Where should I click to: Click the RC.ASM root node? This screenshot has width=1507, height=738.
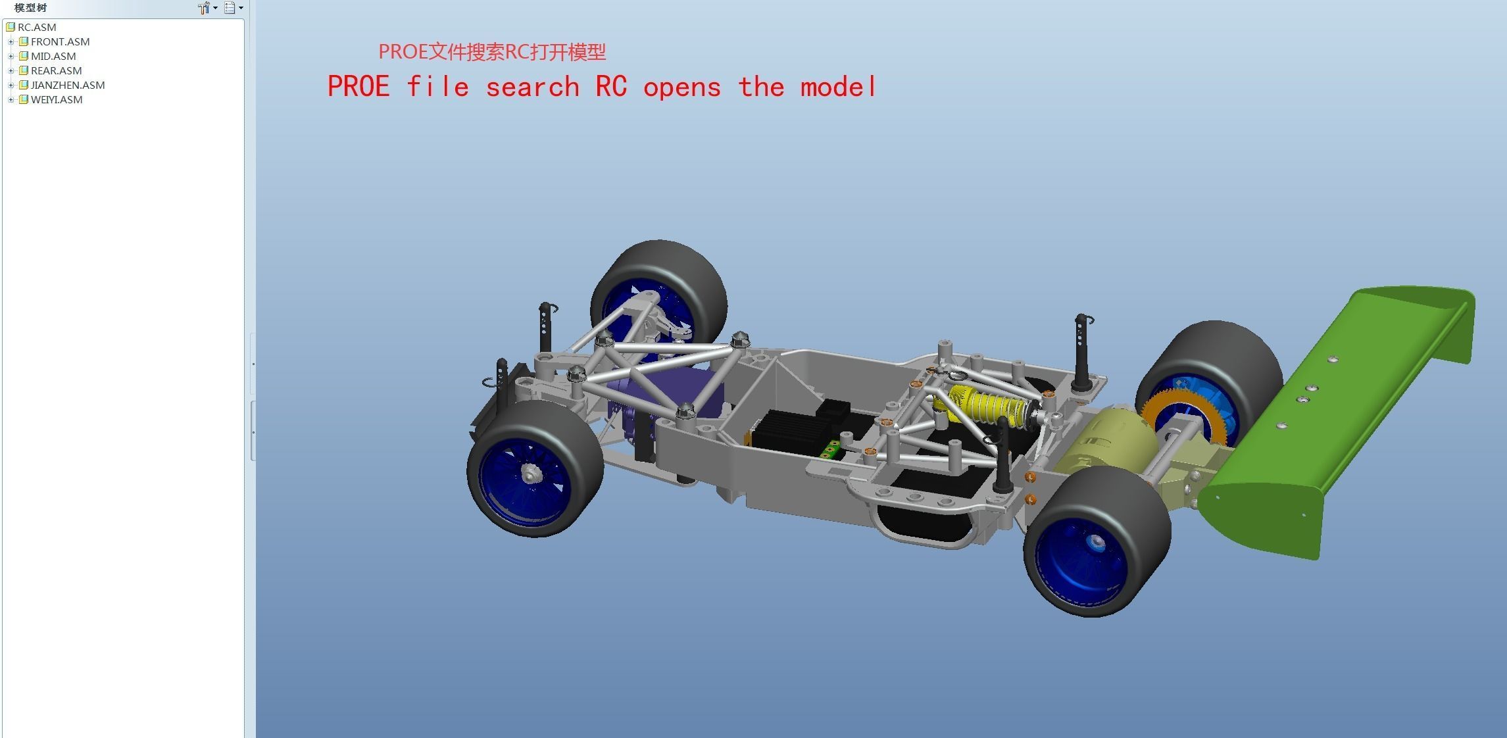36,27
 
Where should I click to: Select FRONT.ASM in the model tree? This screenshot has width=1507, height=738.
59,41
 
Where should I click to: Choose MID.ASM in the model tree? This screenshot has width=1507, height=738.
53,56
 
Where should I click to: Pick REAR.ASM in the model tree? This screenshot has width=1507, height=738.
56,70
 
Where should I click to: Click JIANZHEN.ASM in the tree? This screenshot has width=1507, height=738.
67,85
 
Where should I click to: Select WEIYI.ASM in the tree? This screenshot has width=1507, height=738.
56,99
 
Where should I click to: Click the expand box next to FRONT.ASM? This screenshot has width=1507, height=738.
11,41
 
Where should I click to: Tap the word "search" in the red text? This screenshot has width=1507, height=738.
531,87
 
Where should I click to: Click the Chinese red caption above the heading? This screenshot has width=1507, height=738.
491,52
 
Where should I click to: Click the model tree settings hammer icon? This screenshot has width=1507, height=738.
204,8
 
